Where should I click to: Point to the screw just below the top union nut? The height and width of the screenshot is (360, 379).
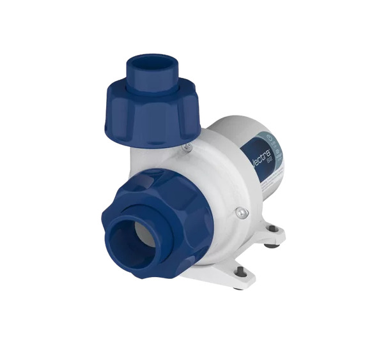[186, 147]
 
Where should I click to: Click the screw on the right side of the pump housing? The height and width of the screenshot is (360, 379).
[238, 212]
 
